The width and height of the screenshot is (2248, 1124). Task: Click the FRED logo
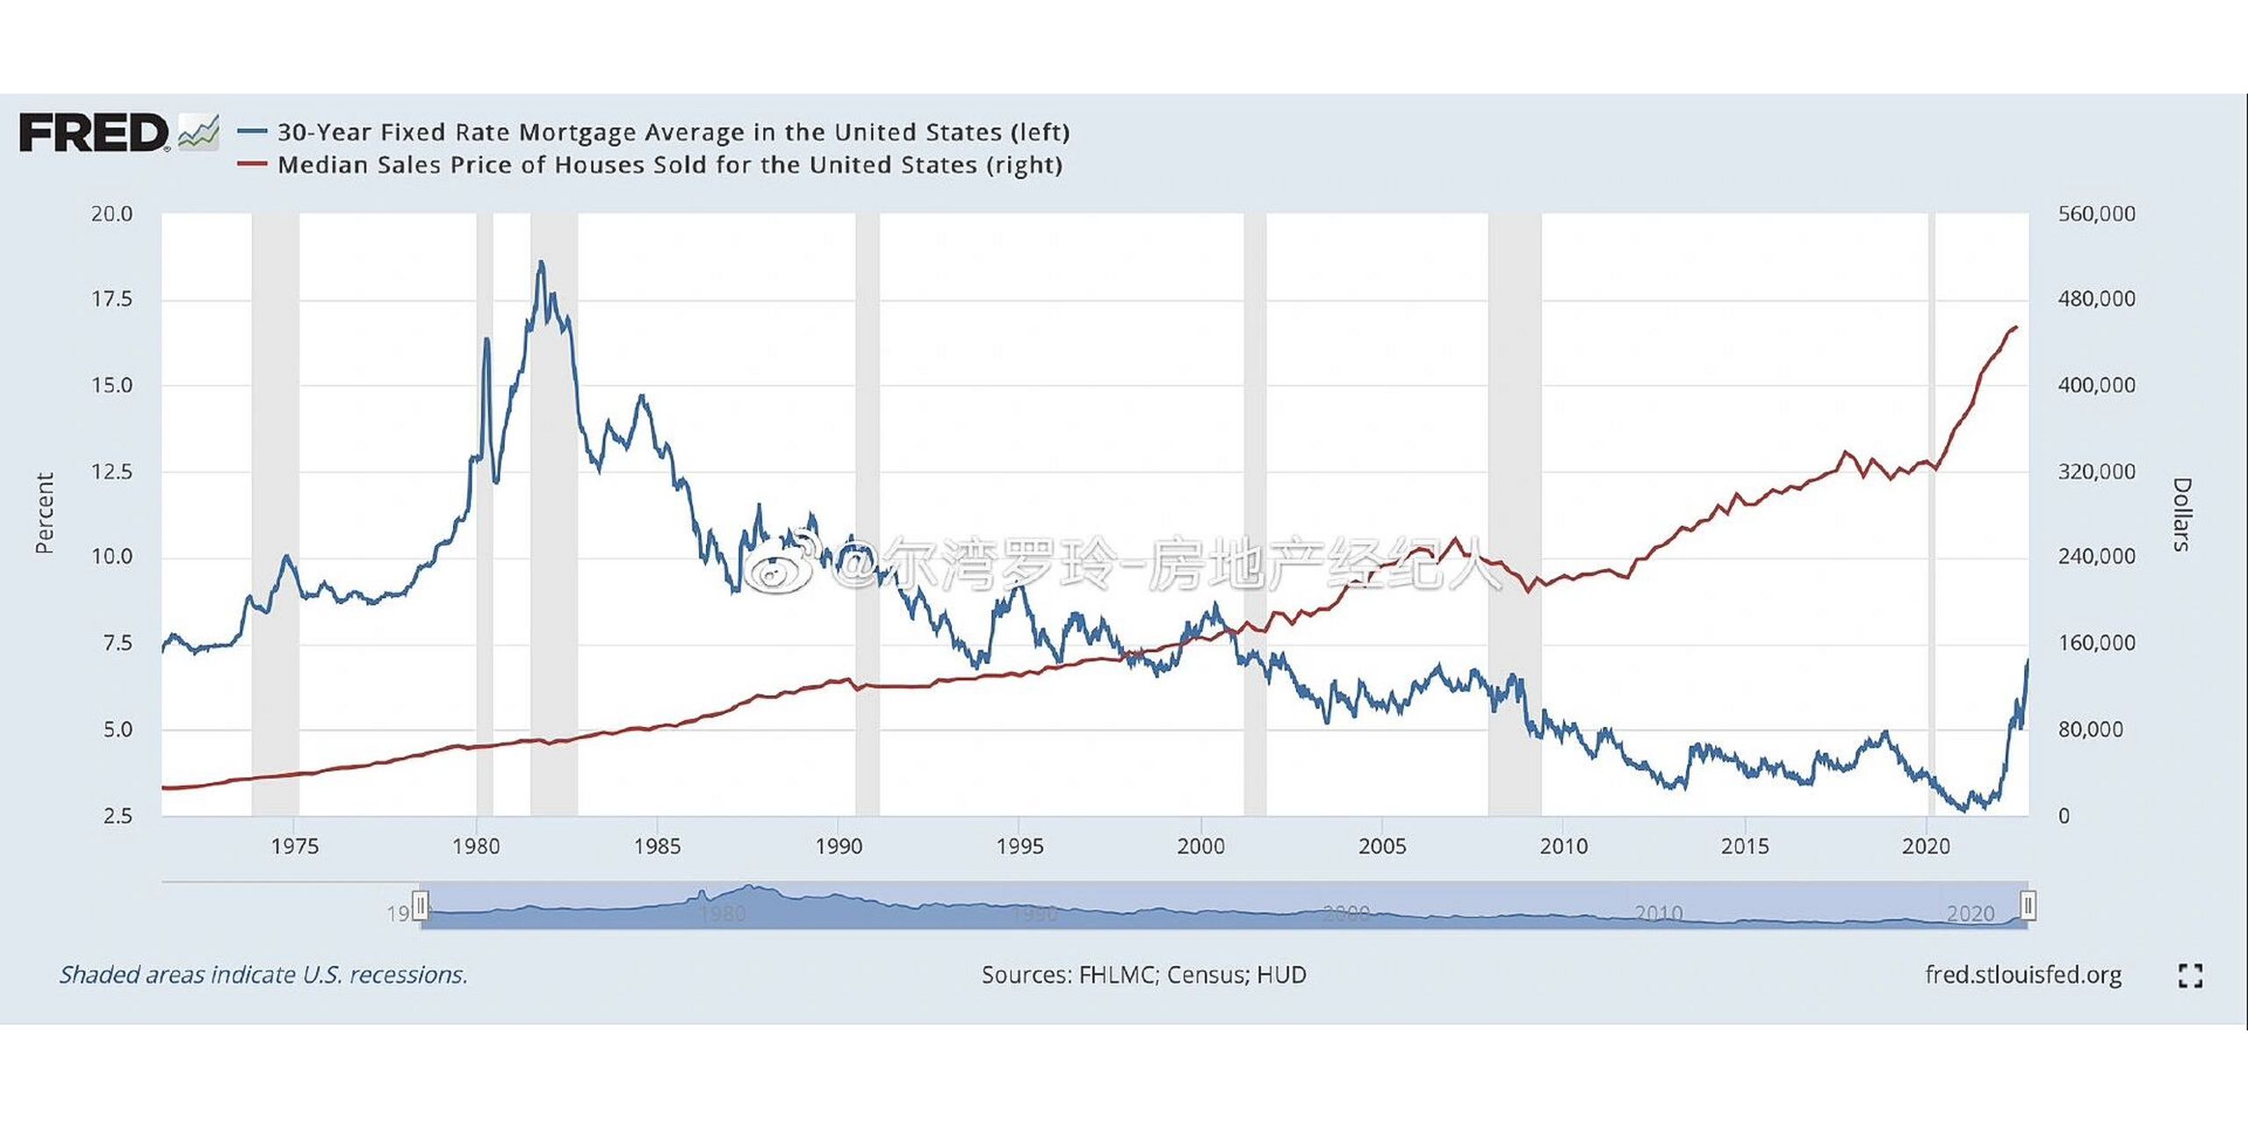pyautogui.click(x=95, y=133)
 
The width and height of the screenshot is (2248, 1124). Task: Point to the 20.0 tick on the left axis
pyautogui.click(x=112, y=214)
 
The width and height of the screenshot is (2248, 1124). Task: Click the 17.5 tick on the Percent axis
pyautogui.click(x=112, y=299)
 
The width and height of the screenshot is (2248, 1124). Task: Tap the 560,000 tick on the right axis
pyautogui.click(x=2096, y=214)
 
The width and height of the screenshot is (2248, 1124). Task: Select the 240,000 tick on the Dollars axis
pyautogui.click(x=2096, y=557)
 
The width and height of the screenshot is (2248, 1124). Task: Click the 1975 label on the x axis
pyautogui.click(x=294, y=847)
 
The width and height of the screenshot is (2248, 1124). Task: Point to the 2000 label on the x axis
pyautogui.click(x=1200, y=847)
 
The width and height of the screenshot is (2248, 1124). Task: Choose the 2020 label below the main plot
pyautogui.click(x=1925, y=847)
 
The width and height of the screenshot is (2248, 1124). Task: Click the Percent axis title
pyautogui.click(x=44, y=514)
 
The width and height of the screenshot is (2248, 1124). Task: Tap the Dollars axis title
pyautogui.click(x=2181, y=514)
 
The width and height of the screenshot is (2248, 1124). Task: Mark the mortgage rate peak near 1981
pyautogui.click(x=541, y=262)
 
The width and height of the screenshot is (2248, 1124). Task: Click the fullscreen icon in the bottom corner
pyautogui.click(x=2190, y=976)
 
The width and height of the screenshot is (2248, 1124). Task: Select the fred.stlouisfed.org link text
pyautogui.click(x=2022, y=975)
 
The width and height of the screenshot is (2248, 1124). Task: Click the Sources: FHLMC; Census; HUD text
pyautogui.click(x=1143, y=975)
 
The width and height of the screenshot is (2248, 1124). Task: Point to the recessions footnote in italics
pyautogui.click(x=263, y=975)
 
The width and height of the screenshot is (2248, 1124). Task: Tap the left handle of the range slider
pyautogui.click(x=421, y=904)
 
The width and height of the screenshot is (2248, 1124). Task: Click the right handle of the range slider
pyautogui.click(x=2028, y=904)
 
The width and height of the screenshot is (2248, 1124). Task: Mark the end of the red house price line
pyautogui.click(x=2016, y=327)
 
